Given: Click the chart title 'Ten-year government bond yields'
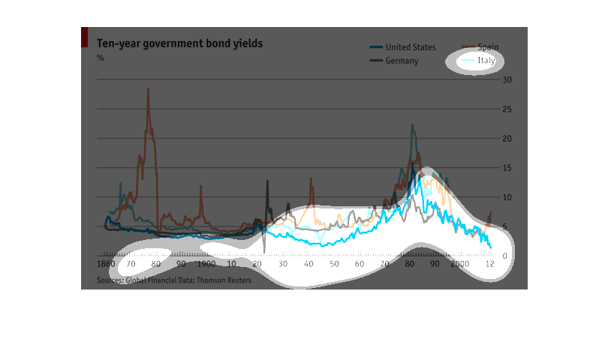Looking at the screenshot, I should [179, 43].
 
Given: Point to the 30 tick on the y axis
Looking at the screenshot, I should [507, 80].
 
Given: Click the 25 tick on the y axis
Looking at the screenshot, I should [507, 109].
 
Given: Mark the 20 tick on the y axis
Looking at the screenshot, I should [507, 139].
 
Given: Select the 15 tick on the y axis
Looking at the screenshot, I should [507, 168].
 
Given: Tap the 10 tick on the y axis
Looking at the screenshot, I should [507, 197].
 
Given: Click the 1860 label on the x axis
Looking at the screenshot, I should [107, 265].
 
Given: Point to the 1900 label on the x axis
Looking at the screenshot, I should [206, 265].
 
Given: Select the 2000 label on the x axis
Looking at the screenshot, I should [460, 265].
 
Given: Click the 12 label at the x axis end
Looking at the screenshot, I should [489, 265].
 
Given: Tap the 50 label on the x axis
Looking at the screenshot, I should [334, 265].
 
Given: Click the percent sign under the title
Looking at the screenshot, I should [101, 58].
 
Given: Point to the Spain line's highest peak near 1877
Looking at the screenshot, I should [148, 89].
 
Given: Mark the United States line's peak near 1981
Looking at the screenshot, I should [412, 125].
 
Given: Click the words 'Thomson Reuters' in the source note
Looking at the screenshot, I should [224, 280].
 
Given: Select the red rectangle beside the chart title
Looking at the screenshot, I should [84, 38].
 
